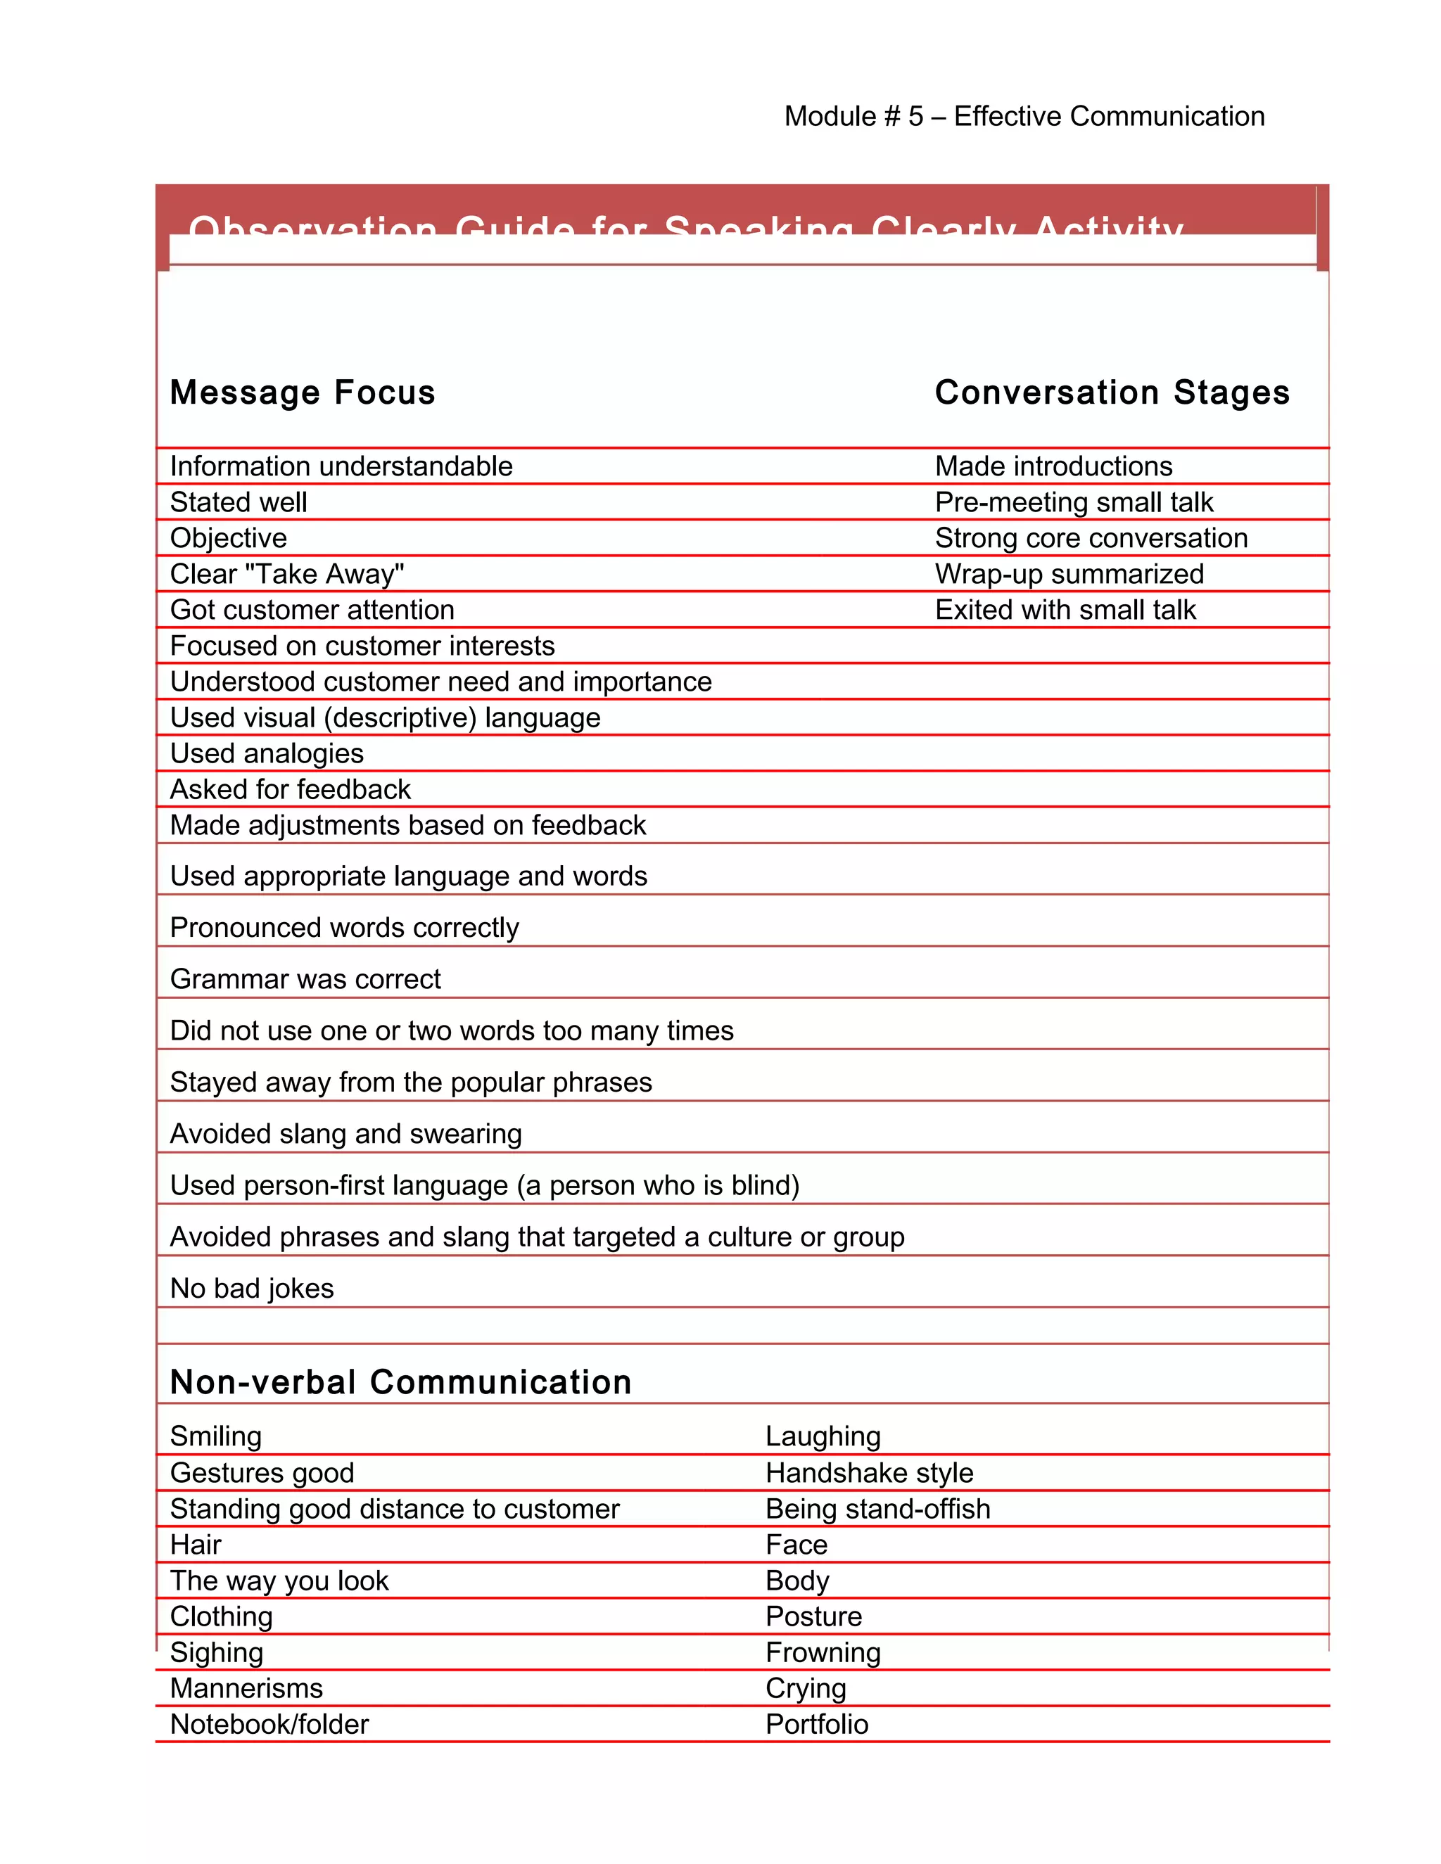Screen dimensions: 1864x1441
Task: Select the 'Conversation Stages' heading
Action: [x=1112, y=392]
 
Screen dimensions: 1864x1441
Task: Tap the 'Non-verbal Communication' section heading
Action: [x=400, y=1381]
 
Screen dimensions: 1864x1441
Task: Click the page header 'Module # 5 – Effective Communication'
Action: [x=1024, y=116]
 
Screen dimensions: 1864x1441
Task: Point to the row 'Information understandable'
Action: [x=341, y=466]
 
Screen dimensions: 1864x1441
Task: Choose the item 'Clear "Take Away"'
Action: [x=287, y=573]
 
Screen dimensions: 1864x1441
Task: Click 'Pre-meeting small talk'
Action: [x=1073, y=502]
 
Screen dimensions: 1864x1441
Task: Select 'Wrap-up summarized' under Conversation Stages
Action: [x=1069, y=573]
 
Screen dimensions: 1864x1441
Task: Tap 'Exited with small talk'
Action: [x=1065, y=609]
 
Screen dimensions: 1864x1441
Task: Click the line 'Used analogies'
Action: [x=267, y=753]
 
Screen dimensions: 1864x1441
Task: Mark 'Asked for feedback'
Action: [x=291, y=789]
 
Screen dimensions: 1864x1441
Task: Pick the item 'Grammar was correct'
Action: [x=305, y=979]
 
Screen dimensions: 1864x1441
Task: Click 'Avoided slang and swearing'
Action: [x=345, y=1133]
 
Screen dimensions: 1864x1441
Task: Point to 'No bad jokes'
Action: [x=252, y=1288]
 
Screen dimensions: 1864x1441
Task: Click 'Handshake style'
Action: [x=869, y=1472]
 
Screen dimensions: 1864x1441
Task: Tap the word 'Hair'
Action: [x=196, y=1544]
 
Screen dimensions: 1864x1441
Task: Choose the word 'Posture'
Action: [x=813, y=1616]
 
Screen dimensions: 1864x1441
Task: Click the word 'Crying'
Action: [x=805, y=1687]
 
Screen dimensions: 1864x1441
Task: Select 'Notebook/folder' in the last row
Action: [x=269, y=1724]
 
